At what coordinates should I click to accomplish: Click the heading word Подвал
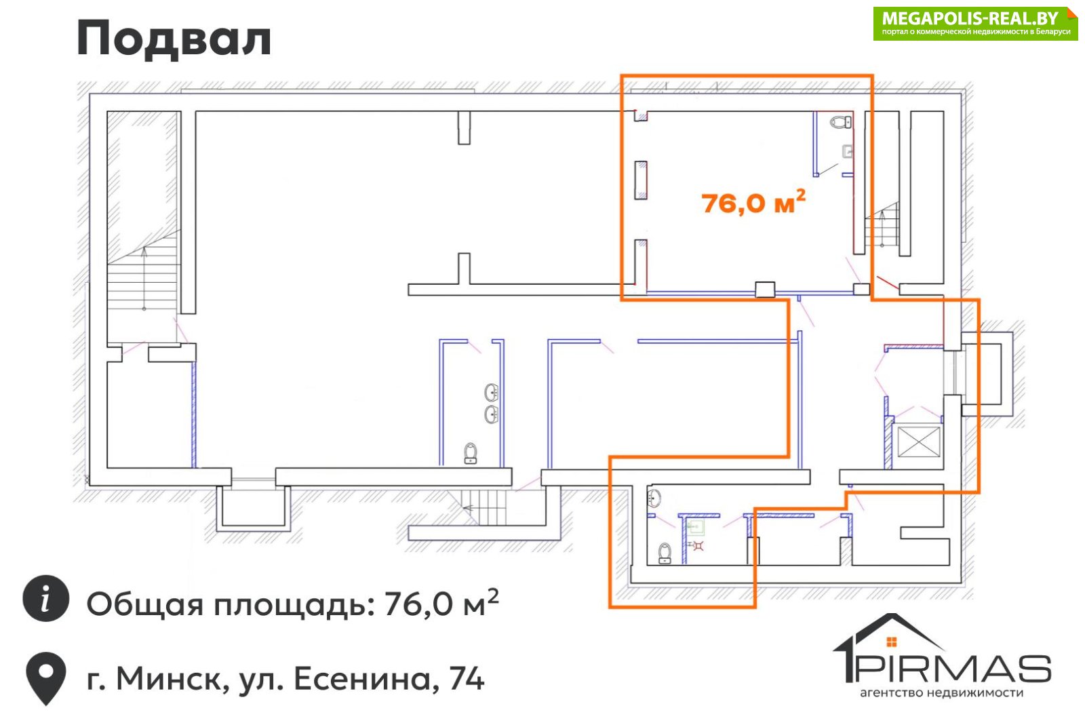click(x=174, y=39)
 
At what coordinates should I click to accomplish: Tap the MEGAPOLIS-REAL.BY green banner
click(x=976, y=24)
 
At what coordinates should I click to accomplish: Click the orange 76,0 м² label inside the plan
click(x=753, y=201)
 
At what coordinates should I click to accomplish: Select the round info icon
click(x=46, y=598)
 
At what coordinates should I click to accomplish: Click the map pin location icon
click(x=46, y=678)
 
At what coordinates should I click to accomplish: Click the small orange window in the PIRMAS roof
click(x=892, y=642)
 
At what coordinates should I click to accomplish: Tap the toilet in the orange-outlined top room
click(x=841, y=121)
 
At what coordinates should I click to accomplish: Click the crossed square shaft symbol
click(x=918, y=442)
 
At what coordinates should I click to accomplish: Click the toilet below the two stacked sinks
click(x=471, y=454)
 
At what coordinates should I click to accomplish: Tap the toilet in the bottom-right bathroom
click(x=665, y=553)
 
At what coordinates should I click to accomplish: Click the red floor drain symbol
click(x=697, y=546)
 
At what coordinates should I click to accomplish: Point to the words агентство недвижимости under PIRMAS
click(x=942, y=693)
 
